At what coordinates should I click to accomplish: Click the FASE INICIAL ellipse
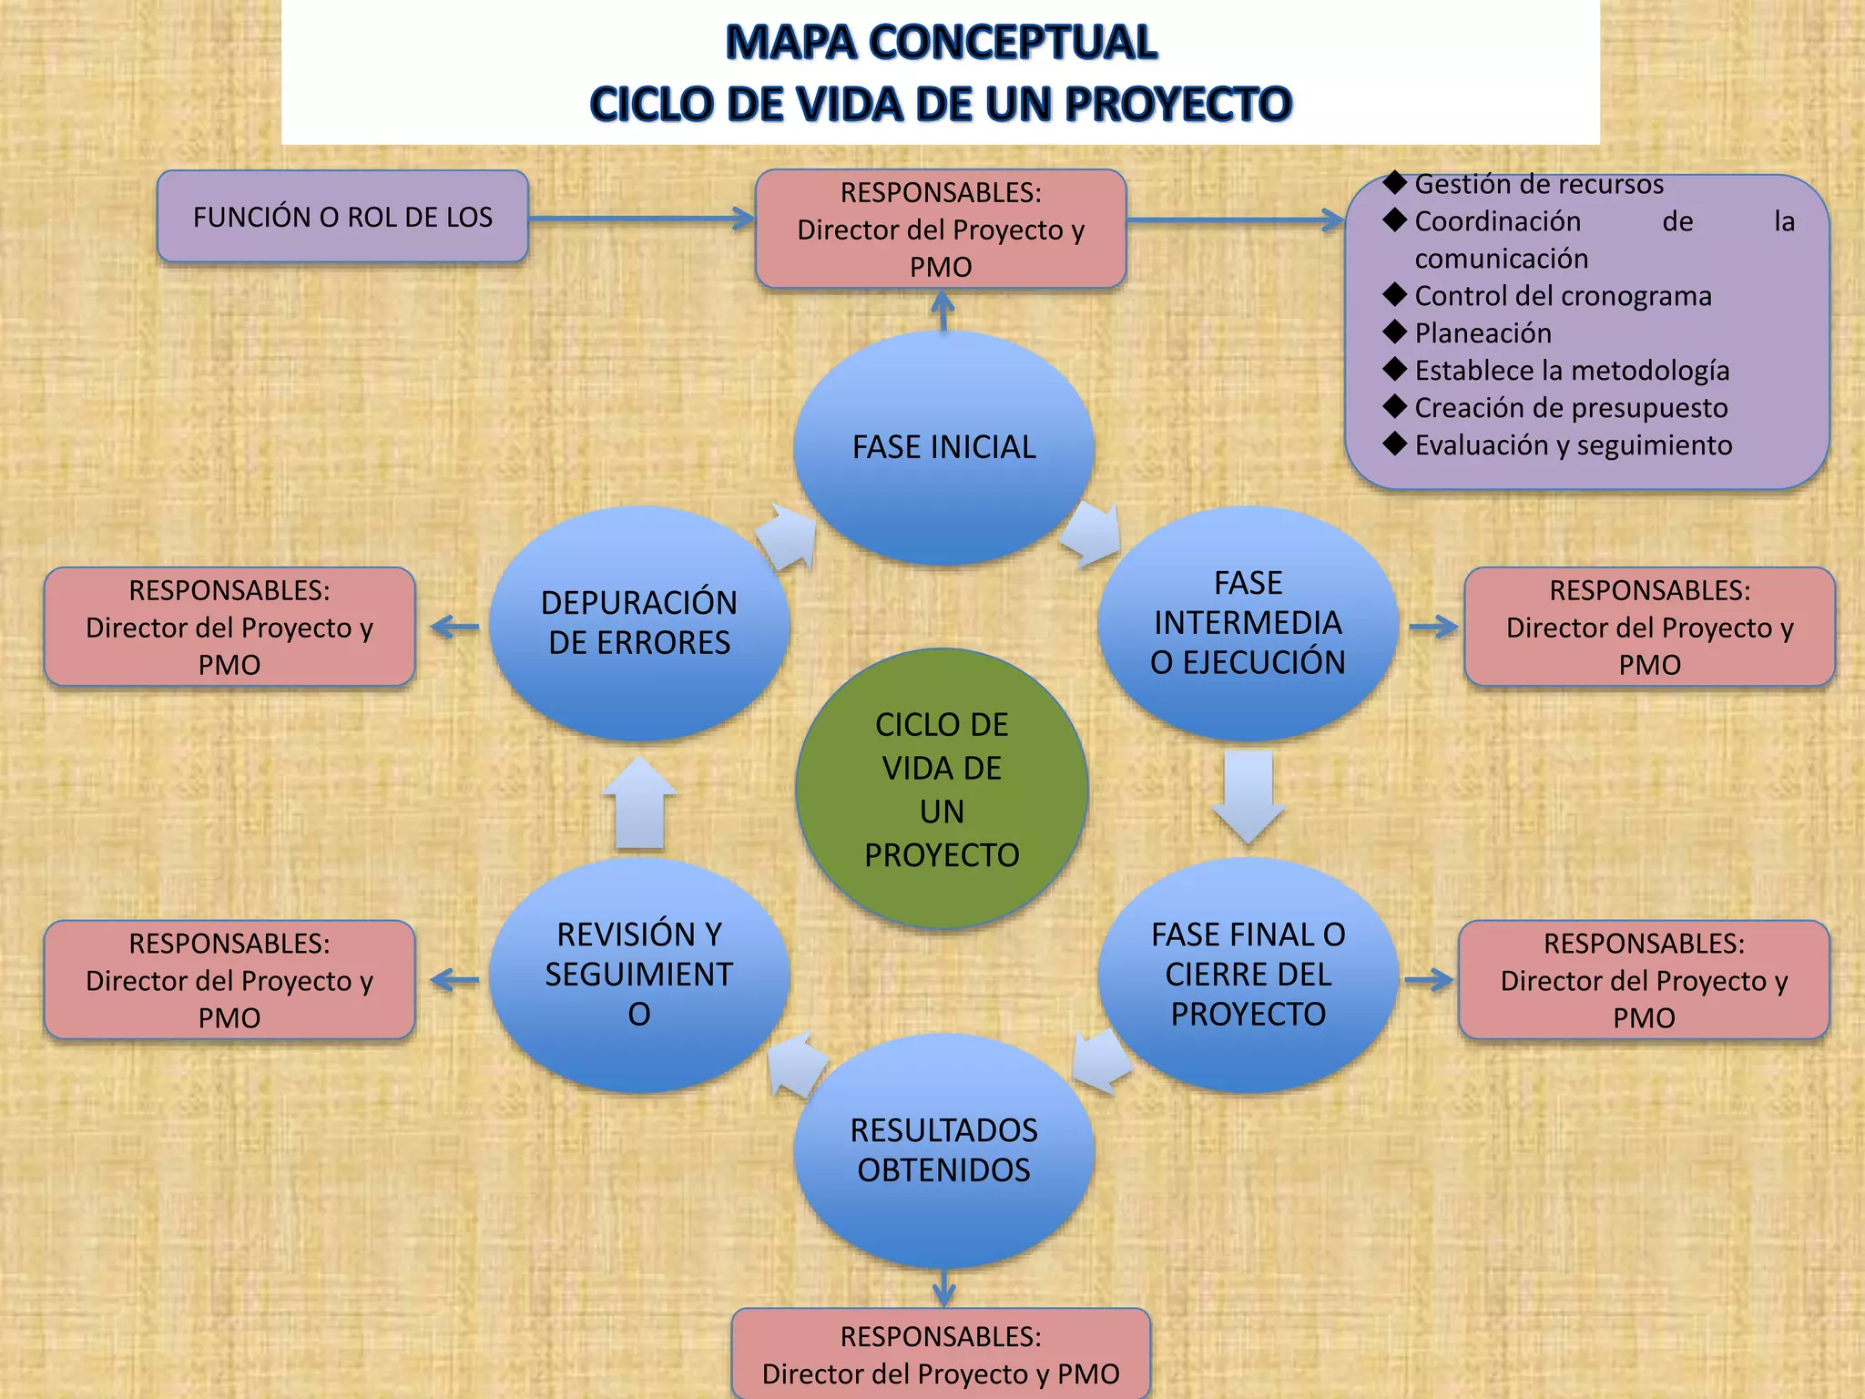pyautogui.click(x=943, y=447)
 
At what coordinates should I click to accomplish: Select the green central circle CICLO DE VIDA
pyautogui.click(x=942, y=789)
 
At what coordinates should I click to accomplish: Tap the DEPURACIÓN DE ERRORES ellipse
pyautogui.click(x=639, y=623)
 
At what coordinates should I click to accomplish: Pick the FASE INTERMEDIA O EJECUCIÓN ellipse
pyautogui.click(x=1248, y=623)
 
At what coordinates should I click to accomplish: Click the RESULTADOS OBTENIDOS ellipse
pyautogui.click(x=943, y=1149)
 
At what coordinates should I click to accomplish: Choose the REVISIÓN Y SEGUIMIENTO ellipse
pyautogui.click(x=639, y=975)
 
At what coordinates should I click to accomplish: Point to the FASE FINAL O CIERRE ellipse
pyautogui.click(x=1248, y=975)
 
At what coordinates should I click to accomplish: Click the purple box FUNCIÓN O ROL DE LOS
pyautogui.click(x=342, y=217)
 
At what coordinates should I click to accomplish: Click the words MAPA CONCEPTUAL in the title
pyautogui.click(x=941, y=43)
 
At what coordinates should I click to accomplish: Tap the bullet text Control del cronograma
pyautogui.click(x=1563, y=296)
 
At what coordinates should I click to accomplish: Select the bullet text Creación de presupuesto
pyautogui.click(x=1571, y=408)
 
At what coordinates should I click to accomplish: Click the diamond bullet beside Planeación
pyautogui.click(x=1394, y=331)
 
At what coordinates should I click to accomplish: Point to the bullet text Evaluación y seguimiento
pyautogui.click(x=1573, y=445)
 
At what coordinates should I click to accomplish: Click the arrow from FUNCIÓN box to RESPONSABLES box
pyautogui.click(x=641, y=219)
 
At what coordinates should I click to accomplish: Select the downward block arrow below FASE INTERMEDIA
pyautogui.click(x=1248, y=795)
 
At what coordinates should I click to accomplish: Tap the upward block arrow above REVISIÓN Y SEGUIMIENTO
pyautogui.click(x=639, y=804)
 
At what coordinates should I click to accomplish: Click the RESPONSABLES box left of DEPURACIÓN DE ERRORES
pyautogui.click(x=229, y=627)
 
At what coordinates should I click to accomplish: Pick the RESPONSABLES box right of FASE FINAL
pyautogui.click(x=1644, y=980)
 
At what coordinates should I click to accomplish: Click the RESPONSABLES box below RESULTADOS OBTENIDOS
pyautogui.click(x=941, y=1353)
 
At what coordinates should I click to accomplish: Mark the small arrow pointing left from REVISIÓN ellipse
pyautogui.click(x=454, y=980)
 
